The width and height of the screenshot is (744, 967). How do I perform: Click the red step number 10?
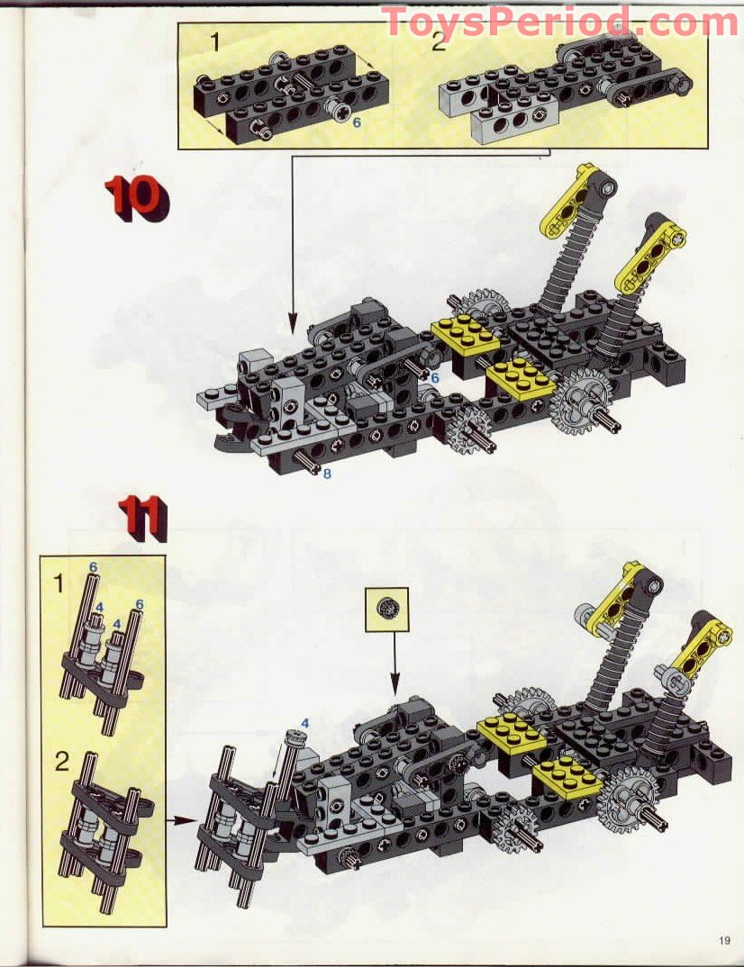click(x=133, y=199)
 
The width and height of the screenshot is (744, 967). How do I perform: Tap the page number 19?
click(x=725, y=942)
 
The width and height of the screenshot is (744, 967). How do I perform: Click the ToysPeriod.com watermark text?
click(x=559, y=22)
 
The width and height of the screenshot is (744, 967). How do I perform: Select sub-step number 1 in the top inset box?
click(x=214, y=41)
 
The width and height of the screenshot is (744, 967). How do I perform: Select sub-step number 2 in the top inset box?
click(x=438, y=41)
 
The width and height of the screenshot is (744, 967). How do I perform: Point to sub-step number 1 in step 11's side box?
click(x=59, y=583)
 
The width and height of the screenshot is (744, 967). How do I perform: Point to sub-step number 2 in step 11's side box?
click(x=60, y=763)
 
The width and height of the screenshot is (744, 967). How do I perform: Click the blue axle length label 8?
click(x=326, y=473)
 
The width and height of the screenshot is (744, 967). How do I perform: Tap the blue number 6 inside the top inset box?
click(x=357, y=121)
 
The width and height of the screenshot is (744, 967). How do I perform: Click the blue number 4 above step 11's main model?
click(x=304, y=722)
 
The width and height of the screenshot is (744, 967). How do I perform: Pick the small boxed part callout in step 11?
click(x=386, y=610)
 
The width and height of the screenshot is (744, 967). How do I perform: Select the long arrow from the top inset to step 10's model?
click(x=292, y=243)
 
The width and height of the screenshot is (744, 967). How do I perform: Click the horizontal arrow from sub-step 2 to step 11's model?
click(x=183, y=819)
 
